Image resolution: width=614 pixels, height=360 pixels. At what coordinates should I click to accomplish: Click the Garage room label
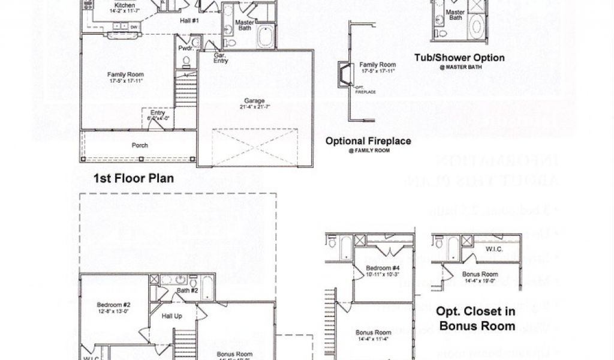(254, 100)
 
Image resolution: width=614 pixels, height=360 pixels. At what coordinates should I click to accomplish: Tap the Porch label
(140, 145)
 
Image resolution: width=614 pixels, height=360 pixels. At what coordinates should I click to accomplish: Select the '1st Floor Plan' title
(134, 178)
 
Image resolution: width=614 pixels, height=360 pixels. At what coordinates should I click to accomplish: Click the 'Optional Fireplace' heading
(368, 142)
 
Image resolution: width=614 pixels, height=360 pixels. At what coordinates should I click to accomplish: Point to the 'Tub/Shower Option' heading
(459, 58)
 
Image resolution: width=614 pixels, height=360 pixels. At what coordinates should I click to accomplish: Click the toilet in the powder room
(186, 60)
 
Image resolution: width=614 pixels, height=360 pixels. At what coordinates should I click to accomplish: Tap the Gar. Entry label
(221, 58)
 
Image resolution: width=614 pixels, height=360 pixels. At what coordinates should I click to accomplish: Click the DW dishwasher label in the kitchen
(134, 27)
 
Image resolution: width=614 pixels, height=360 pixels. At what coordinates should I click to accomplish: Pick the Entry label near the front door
(158, 113)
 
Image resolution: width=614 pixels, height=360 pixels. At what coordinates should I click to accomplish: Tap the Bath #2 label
(187, 291)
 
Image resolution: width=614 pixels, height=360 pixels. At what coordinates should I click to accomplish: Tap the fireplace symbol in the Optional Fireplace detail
(344, 74)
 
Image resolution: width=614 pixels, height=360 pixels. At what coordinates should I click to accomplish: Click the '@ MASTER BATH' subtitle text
(459, 68)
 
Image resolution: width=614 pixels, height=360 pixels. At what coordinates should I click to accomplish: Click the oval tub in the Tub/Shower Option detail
(476, 26)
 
